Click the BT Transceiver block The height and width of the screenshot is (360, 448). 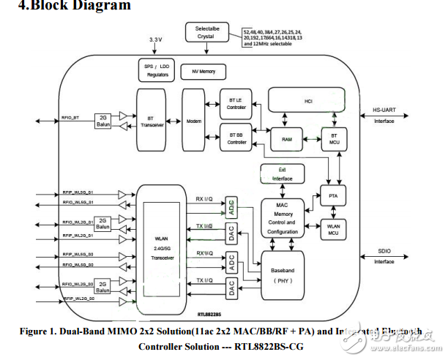[152, 121]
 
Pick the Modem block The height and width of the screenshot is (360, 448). [194, 121]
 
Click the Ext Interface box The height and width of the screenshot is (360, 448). [281, 173]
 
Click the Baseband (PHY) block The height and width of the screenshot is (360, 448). [282, 274]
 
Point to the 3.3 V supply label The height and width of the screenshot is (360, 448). [155, 39]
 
